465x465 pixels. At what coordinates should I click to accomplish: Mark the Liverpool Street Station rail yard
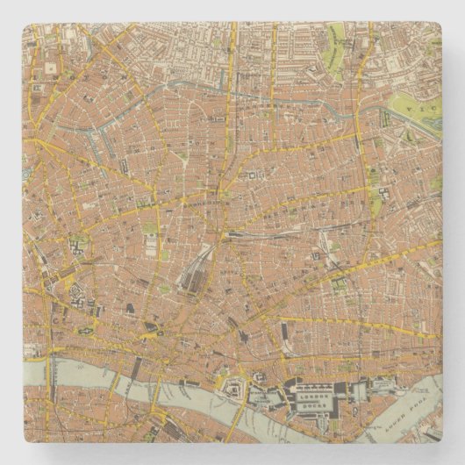point(195,272)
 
